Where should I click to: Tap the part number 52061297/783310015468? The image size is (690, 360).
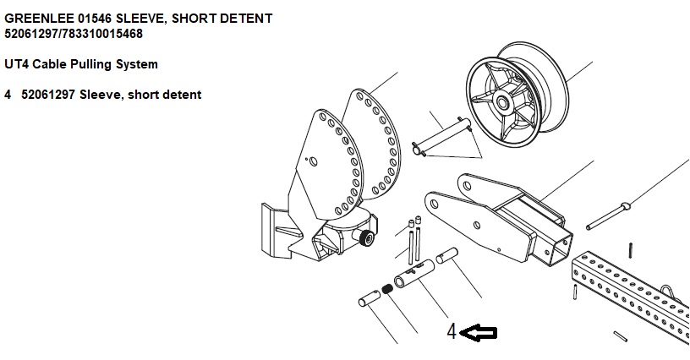(x=74, y=34)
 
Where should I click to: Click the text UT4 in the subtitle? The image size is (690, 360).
(x=17, y=64)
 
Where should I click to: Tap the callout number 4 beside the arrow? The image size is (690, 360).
(x=452, y=331)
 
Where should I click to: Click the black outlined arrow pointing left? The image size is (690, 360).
(x=479, y=333)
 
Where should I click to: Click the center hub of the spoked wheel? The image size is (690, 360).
(x=502, y=103)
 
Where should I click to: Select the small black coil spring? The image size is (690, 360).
(x=387, y=289)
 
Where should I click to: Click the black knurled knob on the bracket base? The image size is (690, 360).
(x=367, y=238)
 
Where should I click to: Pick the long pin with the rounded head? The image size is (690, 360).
(x=608, y=215)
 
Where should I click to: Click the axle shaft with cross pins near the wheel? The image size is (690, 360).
(x=441, y=136)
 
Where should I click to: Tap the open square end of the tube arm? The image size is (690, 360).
(x=559, y=249)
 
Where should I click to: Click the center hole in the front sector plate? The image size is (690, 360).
(x=313, y=161)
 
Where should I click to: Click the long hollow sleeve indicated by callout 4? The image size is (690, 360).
(x=414, y=274)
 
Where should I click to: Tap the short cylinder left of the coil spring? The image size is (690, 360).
(x=370, y=298)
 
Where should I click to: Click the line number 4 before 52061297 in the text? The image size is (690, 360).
(x=8, y=95)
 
